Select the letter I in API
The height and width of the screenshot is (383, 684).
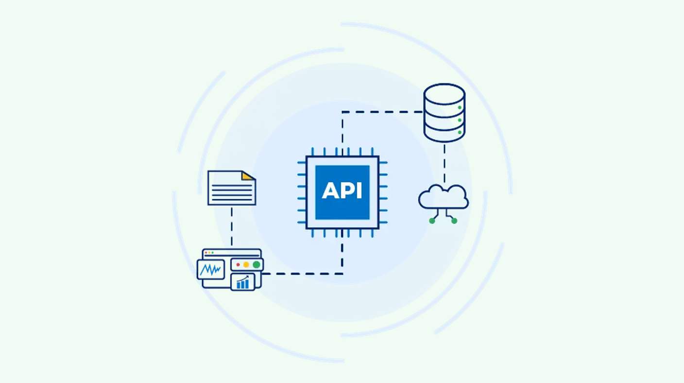[x=359, y=191]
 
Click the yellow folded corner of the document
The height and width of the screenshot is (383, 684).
[x=248, y=176]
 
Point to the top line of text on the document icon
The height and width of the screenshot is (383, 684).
[x=232, y=185]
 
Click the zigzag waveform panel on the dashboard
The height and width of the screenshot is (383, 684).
[x=211, y=269]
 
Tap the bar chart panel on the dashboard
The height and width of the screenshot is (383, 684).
[x=243, y=282]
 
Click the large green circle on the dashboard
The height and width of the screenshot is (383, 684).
[x=256, y=264]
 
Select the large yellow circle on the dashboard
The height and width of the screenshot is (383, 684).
[x=246, y=264]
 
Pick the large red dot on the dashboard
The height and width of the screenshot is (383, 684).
[x=238, y=264]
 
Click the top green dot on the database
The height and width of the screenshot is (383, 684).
[x=460, y=107]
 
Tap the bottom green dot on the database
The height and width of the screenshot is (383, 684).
[x=460, y=132]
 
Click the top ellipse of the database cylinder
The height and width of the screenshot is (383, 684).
[x=445, y=94]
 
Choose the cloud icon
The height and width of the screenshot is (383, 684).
[x=444, y=197]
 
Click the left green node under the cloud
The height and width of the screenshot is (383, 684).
[x=432, y=221]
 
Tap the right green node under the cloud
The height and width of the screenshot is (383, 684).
[x=454, y=221]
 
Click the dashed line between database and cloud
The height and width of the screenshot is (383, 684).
[x=445, y=164]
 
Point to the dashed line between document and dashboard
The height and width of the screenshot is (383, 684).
[x=231, y=226]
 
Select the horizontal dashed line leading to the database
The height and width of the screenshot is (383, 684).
[x=382, y=112]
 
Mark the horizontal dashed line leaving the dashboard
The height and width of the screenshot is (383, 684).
[x=302, y=274]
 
